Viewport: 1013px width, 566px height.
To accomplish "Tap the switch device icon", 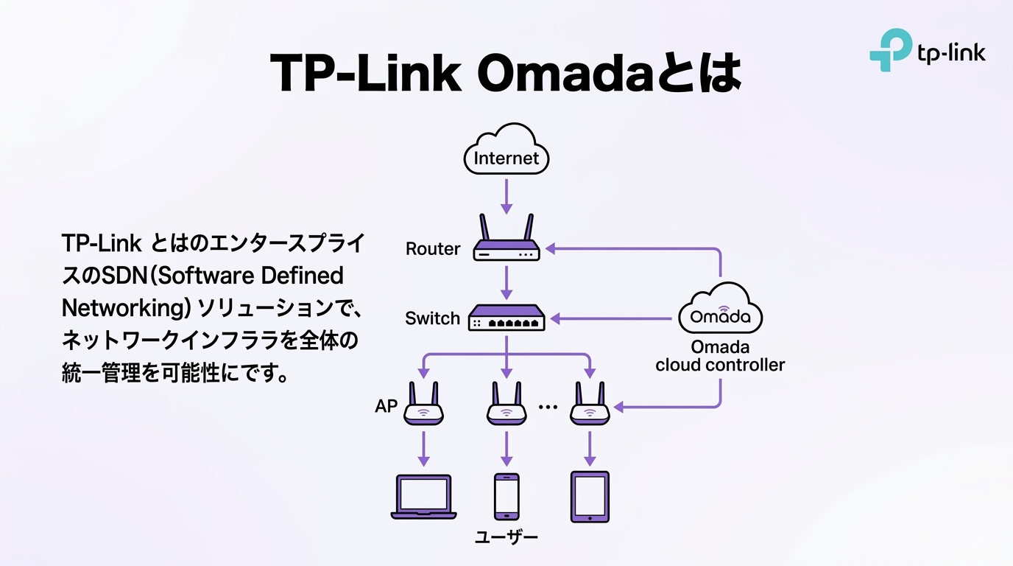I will pos(506,318).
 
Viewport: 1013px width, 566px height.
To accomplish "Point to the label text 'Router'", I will pos(433,249).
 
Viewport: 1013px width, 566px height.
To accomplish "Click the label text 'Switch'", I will pos(433,318).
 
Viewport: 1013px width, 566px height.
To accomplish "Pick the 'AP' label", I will pos(386,406).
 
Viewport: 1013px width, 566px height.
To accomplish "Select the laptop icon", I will pos(423,497).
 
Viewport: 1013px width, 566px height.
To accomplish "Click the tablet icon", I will pos(590,497).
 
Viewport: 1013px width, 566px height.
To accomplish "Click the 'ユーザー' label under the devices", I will pos(506,537).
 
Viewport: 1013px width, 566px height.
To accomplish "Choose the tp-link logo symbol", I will pos(889,50).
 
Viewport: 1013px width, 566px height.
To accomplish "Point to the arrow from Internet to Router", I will pos(506,195).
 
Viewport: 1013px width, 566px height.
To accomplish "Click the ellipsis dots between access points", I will pos(548,407).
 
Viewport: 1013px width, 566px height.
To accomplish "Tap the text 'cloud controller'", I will pos(720,365).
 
